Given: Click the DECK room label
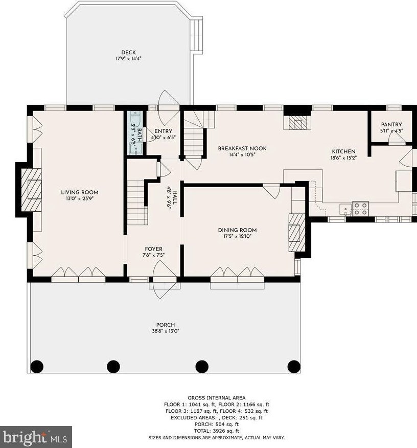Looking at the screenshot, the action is pos(128,53).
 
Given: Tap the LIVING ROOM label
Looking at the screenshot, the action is pos(80,192).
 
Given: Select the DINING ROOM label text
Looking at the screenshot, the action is pos(237,230).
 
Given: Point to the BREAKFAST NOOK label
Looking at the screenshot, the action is pos(242,149).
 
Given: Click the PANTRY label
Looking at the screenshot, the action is pos(391,125).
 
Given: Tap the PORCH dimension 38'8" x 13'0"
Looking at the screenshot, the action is pos(165,331).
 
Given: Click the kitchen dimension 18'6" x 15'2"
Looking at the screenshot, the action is pos(343,158).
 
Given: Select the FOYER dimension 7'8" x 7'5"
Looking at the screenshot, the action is pos(153,255).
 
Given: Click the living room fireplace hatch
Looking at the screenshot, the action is pos(31,190).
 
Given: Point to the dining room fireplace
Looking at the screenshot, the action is pos(297,233).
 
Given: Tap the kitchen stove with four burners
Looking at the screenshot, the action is pos(360,208).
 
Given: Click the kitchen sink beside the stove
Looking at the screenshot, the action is pos(345,209).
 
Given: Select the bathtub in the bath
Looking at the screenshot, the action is pos(135,120).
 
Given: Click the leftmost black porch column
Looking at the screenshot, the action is pos(37,366).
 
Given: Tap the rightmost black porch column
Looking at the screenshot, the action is pos(294,366).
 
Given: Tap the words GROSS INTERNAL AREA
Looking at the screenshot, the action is pos(216,398).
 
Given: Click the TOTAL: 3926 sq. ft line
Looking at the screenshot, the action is pos(217,431).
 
